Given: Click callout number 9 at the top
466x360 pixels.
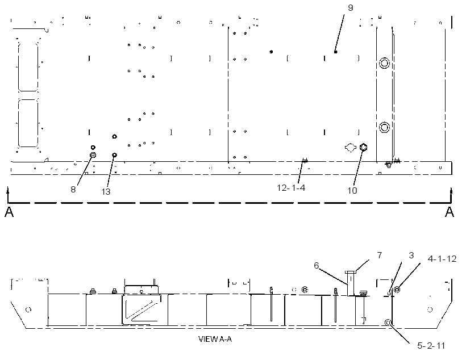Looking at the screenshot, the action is coord(351,8).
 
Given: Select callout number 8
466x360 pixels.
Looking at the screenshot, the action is coord(73,190).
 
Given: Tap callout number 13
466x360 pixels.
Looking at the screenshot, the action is coord(106,192).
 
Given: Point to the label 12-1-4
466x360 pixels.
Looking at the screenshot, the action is coord(291,188).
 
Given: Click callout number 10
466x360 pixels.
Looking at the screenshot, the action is coord(352,190).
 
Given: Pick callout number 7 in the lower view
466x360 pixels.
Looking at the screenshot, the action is coord(380,255).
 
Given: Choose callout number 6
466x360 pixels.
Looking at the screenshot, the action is coord(316,265).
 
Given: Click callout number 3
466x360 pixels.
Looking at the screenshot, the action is coord(411,255).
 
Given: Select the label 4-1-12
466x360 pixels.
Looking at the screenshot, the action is coord(442,259).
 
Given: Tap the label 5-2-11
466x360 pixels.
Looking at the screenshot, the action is coord(431,346).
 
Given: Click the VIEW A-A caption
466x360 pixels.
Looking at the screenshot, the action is coord(215,339).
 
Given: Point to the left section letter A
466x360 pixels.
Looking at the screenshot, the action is coord(9,212).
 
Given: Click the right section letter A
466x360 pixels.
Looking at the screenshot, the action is coord(450,212).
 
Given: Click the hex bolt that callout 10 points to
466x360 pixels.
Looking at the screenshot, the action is coord(363,146).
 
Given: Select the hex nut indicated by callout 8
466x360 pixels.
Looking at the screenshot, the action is coord(93,154).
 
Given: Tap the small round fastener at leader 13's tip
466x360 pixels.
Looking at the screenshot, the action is coord(114,155).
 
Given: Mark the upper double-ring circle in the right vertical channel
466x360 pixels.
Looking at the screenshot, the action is coord(384,63).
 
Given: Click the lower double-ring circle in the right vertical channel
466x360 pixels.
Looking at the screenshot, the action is coord(384,127).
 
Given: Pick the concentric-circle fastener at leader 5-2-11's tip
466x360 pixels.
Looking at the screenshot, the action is coord(388,323).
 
